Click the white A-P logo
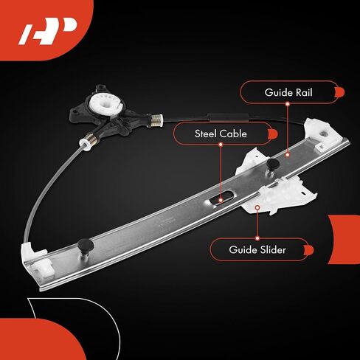[47, 31]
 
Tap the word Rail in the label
[304, 93]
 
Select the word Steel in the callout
[204, 134]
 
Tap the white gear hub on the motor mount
[106, 104]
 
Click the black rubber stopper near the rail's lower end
[86, 245]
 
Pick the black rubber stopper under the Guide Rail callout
[273, 165]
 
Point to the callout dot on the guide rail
[287, 155]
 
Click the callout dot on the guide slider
[257, 208]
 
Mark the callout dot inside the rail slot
[221, 200]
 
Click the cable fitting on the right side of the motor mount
[156, 120]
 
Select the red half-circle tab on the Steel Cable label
[273, 134]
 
